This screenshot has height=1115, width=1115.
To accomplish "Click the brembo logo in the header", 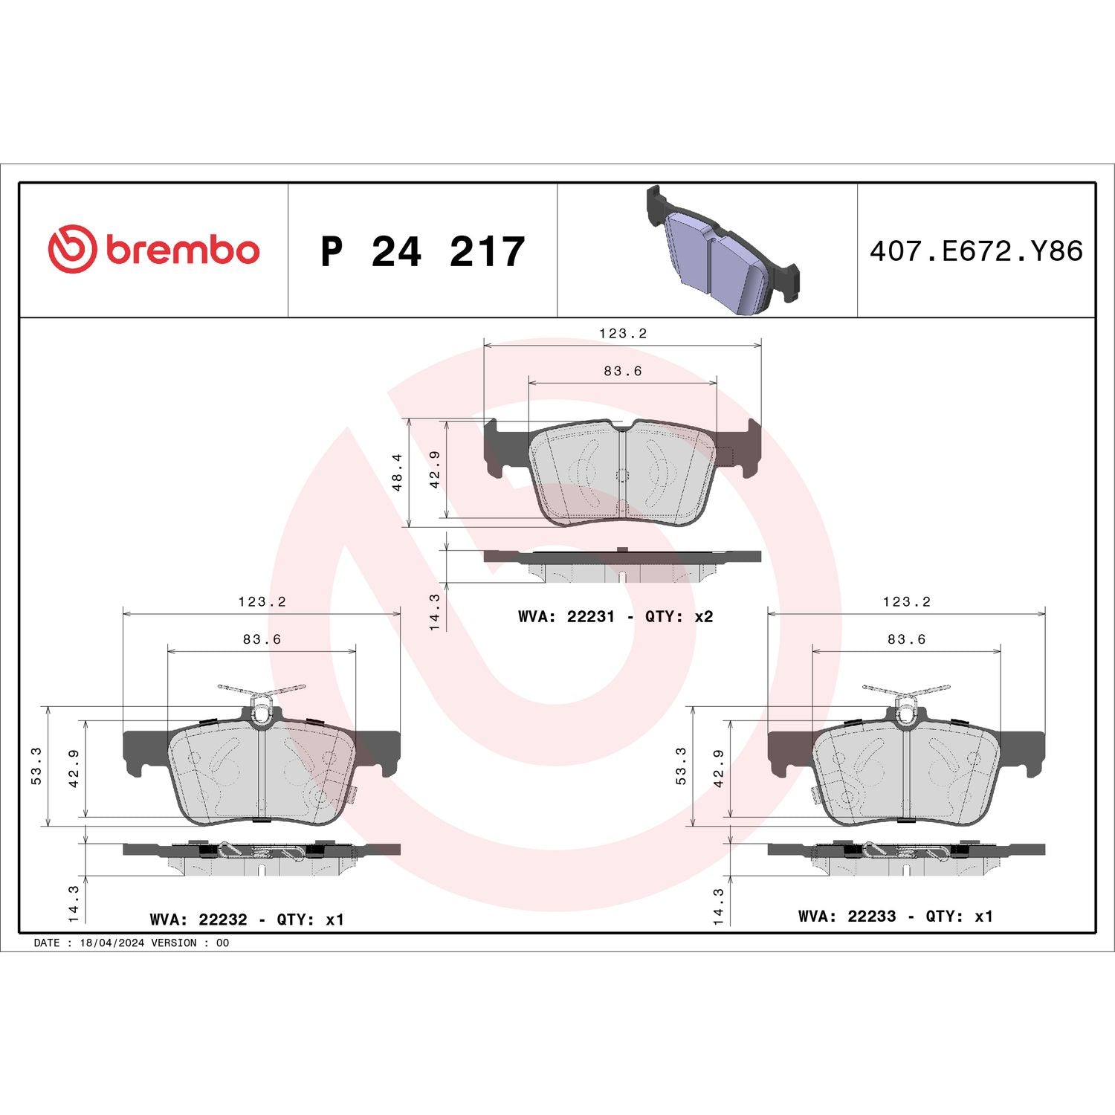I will [154, 249].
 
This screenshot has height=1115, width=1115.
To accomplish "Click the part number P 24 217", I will [422, 251].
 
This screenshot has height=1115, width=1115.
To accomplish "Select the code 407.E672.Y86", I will [976, 251].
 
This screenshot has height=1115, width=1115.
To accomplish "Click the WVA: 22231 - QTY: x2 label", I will [615, 616].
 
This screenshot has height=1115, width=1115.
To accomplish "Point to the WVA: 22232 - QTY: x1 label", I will [247, 920].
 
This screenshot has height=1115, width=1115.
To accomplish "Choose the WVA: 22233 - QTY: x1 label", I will [895, 917].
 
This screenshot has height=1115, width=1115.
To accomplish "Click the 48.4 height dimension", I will [397, 472].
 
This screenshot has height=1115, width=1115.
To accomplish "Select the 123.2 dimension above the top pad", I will [623, 334].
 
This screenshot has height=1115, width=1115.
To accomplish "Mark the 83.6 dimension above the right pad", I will [906, 639].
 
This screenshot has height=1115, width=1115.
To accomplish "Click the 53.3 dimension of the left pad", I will [36, 766].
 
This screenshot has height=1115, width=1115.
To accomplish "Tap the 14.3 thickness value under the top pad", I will [435, 612].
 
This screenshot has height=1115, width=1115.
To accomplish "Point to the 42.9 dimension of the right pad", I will [719, 768].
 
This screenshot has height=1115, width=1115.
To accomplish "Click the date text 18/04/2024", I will [112, 943].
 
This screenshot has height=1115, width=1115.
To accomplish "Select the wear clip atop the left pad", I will [262, 699].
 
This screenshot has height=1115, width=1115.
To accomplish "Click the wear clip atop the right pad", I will [907, 699].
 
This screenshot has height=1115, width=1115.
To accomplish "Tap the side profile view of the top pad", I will [622, 565].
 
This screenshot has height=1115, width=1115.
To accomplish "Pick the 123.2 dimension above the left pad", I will [262, 602].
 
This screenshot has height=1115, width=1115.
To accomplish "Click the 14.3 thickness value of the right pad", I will [719, 906].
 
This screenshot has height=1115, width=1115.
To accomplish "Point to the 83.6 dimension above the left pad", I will [262, 639].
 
